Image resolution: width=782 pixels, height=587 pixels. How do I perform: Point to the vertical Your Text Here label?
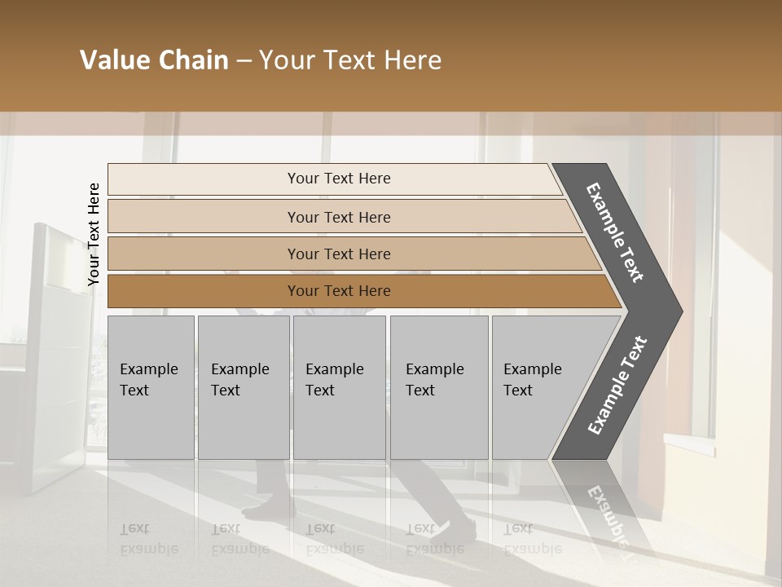coord(94,234)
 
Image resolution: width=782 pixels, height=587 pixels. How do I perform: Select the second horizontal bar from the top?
coord(339,217)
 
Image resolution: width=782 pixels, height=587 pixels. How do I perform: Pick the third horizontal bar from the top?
coord(339,254)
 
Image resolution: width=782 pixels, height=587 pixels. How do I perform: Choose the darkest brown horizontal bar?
coord(339,291)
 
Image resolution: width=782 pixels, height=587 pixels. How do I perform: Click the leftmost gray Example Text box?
coord(151,386)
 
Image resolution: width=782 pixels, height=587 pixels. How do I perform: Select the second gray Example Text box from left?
coord(243,386)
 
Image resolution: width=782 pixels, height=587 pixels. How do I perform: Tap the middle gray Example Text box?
coord(339,386)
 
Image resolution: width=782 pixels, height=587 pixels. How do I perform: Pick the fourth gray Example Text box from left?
coord(439,386)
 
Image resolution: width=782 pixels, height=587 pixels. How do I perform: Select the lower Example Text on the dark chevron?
coord(617,386)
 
